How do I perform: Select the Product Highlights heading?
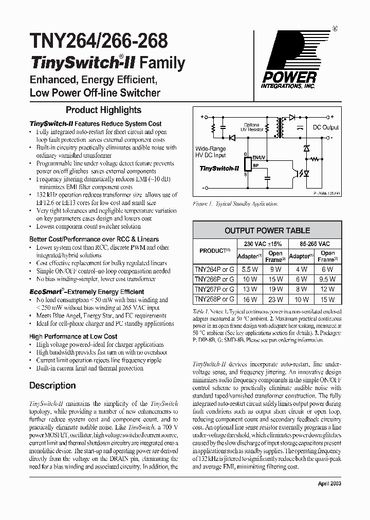pyautogui.click(x=103, y=110)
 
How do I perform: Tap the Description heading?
pyautogui.click(x=52, y=385)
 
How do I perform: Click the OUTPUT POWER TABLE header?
pyautogui.click(x=267, y=231)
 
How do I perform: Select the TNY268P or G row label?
pyautogui.click(x=214, y=299)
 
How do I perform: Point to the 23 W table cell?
pyautogui.click(x=275, y=299)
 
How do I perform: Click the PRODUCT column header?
pyautogui.click(x=214, y=251)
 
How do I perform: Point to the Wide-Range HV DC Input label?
pyautogui.click(x=210, y=152)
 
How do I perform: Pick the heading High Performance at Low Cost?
pyautogui.click(x=73, y=336)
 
